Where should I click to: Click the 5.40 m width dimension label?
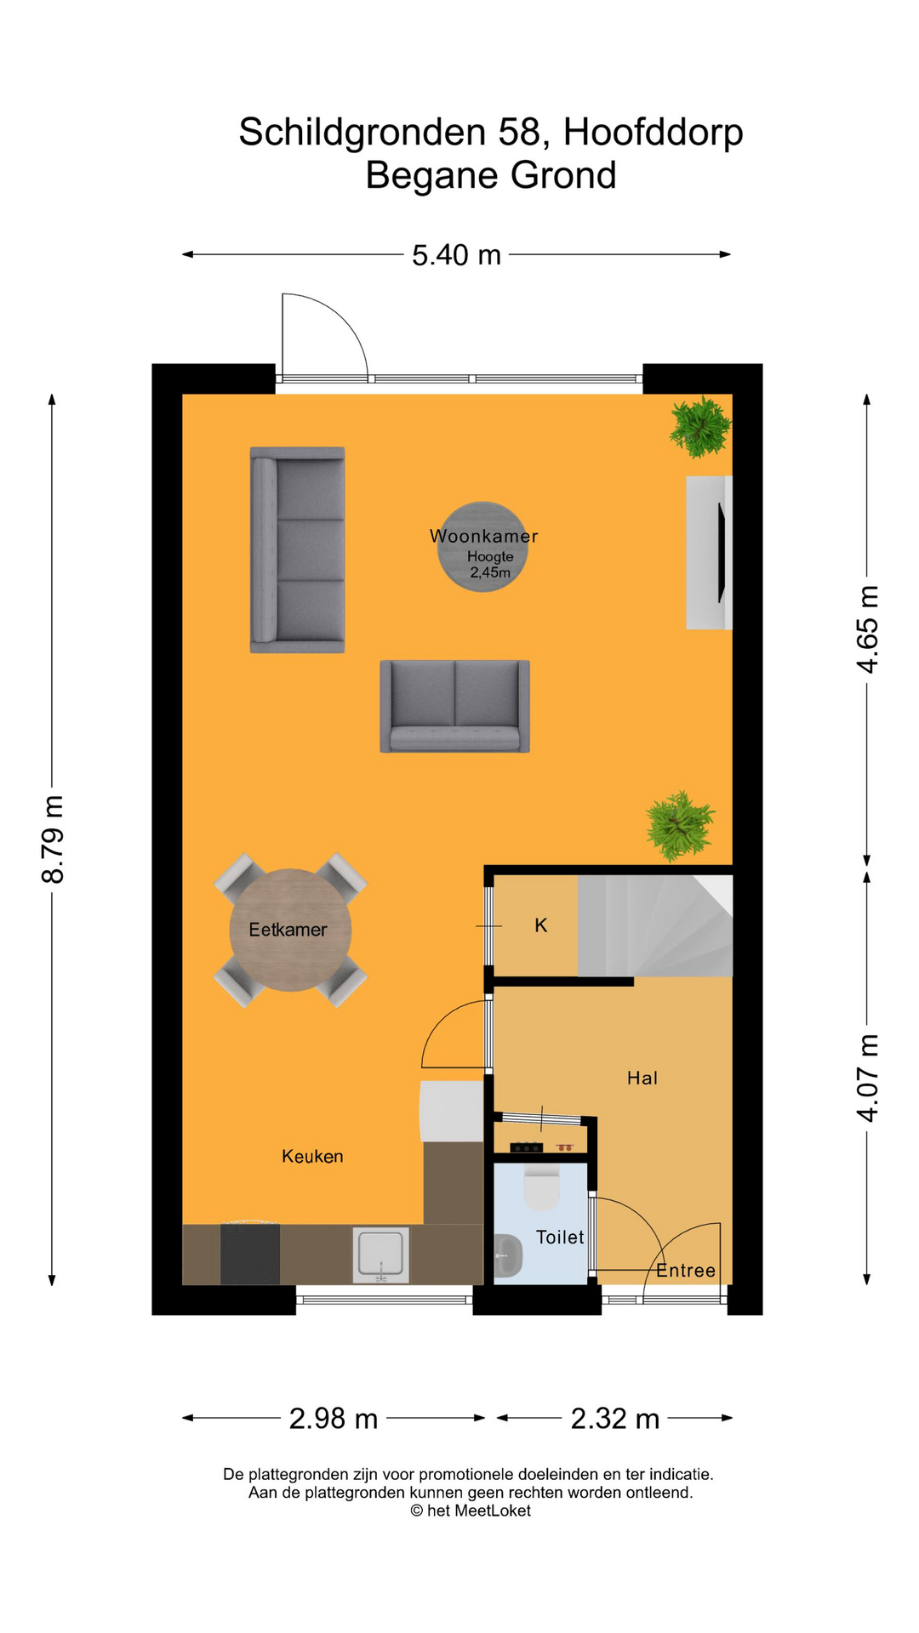pos(456,255)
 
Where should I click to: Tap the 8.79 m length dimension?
pos(53,839)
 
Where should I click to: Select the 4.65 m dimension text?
pos(867,629)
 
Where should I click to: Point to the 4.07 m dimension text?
pos(867,1078)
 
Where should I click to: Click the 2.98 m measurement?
pos(334,1419)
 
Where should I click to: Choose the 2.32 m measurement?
pos(615,1419)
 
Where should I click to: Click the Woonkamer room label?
pos(483,536)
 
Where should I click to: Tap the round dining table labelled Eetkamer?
pos(290,930)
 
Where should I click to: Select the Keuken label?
pos(312,1156)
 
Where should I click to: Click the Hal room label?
pos(642,1078)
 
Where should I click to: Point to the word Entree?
pos(686,1271)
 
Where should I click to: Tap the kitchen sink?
pos(381,1255)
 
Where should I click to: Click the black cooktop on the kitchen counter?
pos(250,1254)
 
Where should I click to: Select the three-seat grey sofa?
pos(297,550)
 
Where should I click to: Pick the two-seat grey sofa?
pos(454,706)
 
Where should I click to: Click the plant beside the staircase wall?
pos(679,825)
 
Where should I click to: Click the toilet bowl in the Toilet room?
pos(540,1188)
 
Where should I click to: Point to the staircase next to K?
pos(655,926)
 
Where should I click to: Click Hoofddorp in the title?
pos(653,133)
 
